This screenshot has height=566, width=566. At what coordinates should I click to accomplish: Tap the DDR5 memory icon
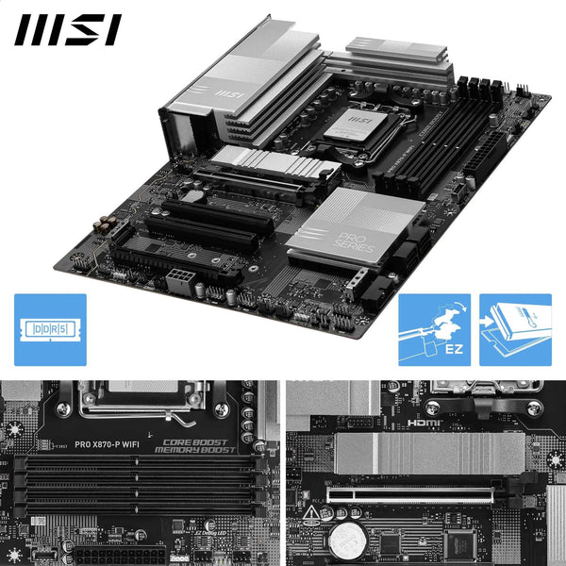tap(50, 329)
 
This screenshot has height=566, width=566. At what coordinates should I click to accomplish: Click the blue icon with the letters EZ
tap(435, 329)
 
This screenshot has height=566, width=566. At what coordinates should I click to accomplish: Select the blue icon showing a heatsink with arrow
tap(515, 329)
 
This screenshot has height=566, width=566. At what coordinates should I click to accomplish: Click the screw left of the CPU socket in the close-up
tap(63, 410)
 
